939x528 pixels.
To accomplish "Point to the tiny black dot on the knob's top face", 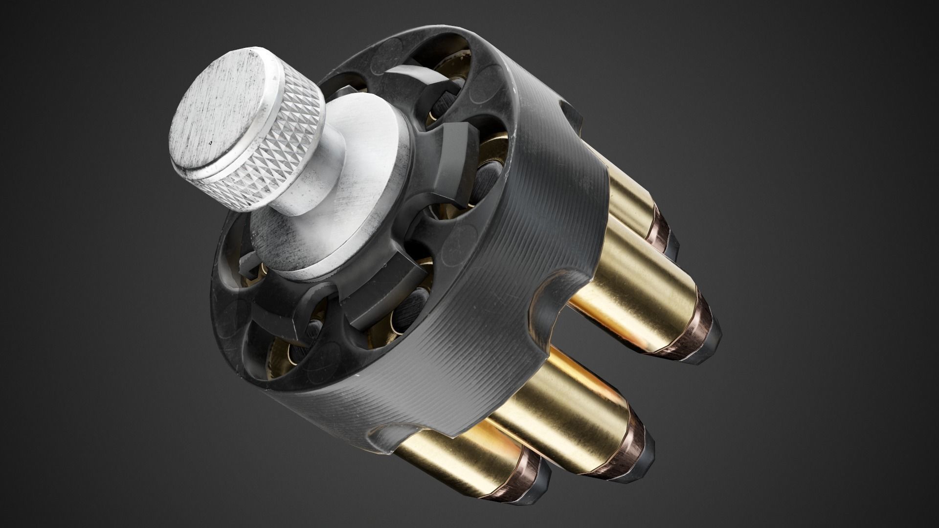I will tap(210, 144).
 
